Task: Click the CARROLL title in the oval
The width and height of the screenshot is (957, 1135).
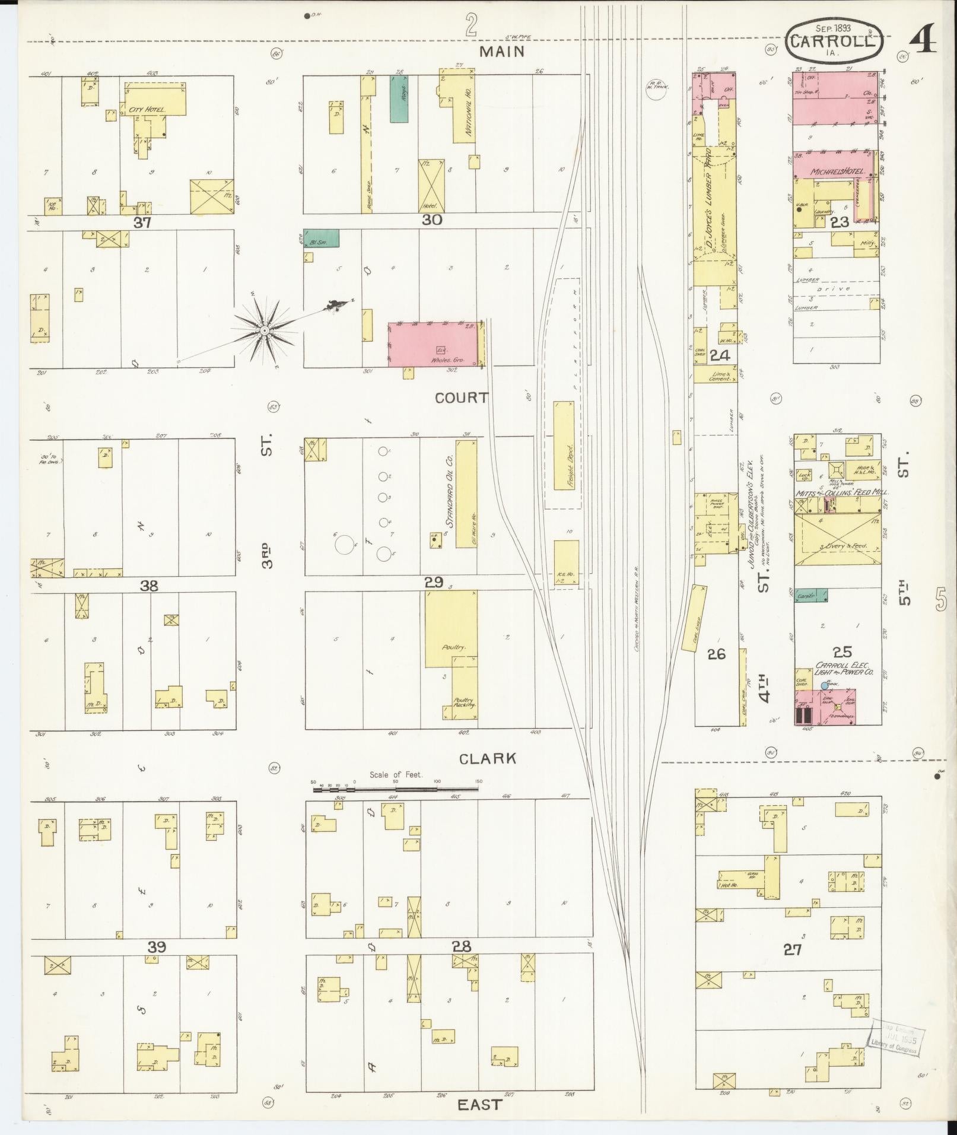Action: pyautogui.click(x=833, y=42)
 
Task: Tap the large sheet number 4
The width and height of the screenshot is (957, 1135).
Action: pyautogui.click(x=923, y=39)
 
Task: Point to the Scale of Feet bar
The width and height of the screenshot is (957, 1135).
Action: pyautogui.click(x=396, y=789)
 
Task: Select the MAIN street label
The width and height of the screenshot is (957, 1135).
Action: pyautogui.click(x=502, y=52)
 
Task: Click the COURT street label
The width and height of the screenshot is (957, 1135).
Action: pyautogui.click(x=461, y=398)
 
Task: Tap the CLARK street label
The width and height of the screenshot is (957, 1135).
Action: pyautogui.click(x=487, y=758)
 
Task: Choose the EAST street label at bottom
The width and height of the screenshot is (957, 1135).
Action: pyautogui.click(x=479, y=1105)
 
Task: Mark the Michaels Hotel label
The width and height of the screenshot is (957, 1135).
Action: pyautogui.click(x=835, y=171)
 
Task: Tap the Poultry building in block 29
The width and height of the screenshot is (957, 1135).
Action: pyautogui.click(x=451, y=629)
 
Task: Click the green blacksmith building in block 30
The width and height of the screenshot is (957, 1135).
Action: pyautogui.click(x=321, y=238)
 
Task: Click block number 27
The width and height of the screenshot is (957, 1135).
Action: pyautogui.click(x=793, y=949)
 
